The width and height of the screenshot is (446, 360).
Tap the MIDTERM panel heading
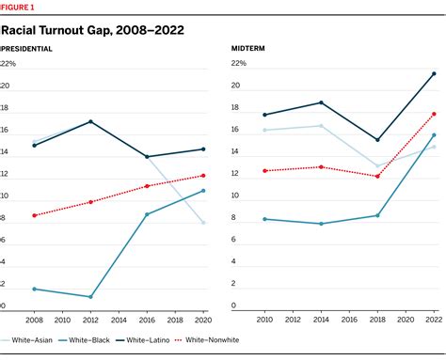[x=247, y=47]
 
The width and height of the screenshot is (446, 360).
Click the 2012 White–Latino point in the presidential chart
[x=91, y=121]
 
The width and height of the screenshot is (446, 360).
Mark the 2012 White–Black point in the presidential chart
[x=91, y=297]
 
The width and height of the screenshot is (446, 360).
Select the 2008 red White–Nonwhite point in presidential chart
[x=34, y=215]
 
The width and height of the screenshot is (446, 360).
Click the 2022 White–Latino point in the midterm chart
[x=434, y=73]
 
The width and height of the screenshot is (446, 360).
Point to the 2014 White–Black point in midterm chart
[x=322, y=224]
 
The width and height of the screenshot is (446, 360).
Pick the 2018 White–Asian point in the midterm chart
[x=377, y=166]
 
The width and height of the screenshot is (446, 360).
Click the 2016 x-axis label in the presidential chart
[x=148, y=319]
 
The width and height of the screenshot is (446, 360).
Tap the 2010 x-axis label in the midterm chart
[x=264, y=319]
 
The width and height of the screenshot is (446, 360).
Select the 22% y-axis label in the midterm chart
[x=239, y=63]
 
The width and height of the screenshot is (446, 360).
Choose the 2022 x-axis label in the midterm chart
[x=433, y=319]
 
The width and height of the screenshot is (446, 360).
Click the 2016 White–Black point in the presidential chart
[x=148, y=214]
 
